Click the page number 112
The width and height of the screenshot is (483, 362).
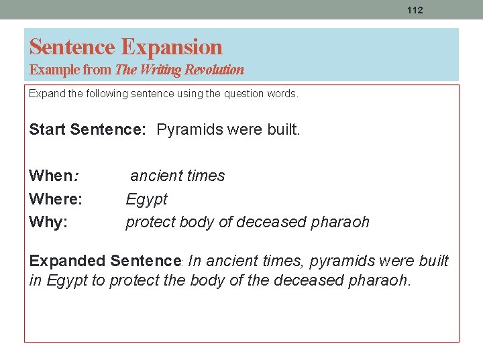point(415,10)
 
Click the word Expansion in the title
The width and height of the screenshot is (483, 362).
point(172,47)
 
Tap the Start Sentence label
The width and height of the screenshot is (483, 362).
point(87,129)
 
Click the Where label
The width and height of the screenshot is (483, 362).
point(56,199)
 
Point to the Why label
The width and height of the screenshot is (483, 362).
point(48,223)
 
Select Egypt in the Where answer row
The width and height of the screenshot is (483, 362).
point(146,199)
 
